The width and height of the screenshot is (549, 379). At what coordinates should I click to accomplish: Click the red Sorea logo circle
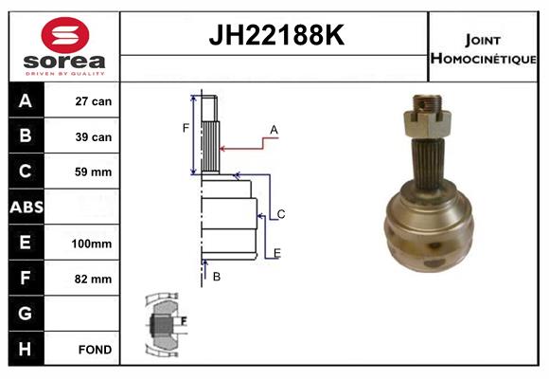[x=65, y=35]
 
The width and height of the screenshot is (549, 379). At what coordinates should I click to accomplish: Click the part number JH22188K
[x=276, y=35]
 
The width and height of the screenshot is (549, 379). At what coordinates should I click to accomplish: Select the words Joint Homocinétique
[x=483, y=49]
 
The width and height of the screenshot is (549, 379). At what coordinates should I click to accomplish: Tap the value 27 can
[x=94, y=101]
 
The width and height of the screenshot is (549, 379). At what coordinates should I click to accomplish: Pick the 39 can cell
[x=94, y=136]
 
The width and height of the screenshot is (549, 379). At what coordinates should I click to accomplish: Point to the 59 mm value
[x=93, y=171]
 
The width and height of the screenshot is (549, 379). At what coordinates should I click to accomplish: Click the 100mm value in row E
[x=92, y=244]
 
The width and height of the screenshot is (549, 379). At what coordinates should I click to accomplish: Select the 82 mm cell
[x=93, y=280]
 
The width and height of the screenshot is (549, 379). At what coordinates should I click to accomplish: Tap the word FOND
[x=96, y=350]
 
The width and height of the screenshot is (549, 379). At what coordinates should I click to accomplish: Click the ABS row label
[x=27, y=207]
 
